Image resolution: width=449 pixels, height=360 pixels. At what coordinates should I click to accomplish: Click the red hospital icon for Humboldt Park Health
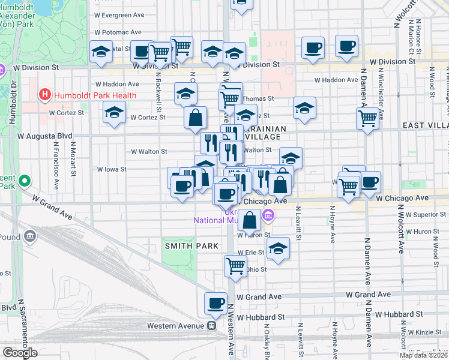pos(44,95)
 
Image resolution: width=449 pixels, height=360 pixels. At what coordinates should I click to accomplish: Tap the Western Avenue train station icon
pos(212,326)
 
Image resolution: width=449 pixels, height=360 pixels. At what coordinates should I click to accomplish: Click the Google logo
pos(19,353)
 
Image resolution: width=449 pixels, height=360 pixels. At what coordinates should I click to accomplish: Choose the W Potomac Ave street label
pos(118,32)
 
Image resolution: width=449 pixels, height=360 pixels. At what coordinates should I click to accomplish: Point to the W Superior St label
pos(426,214)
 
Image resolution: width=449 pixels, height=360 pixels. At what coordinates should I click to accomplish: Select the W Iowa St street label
pos(112,169)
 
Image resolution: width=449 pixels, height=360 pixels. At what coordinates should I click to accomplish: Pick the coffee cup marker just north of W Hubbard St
pos(215,303)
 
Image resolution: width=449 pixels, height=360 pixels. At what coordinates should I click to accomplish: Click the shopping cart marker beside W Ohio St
pos(235,265)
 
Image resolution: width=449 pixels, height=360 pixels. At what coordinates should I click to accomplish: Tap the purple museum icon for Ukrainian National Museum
pos(268,215)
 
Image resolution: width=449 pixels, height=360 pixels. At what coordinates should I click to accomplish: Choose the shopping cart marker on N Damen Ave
pos(367,118)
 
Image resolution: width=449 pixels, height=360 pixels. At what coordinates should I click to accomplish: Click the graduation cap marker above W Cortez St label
pos(113,112)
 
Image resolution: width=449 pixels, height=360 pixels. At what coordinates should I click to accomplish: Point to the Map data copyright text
pos(423,355)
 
